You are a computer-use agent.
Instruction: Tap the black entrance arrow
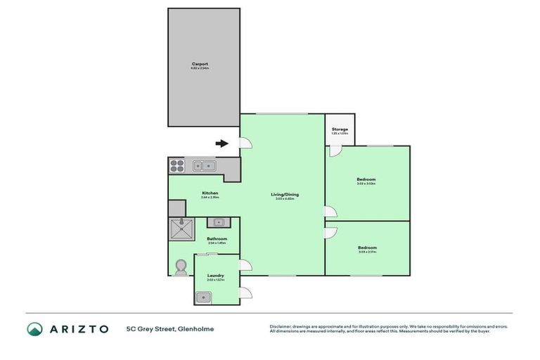[x=222, y=143]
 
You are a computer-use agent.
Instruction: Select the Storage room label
[x=340, y=129]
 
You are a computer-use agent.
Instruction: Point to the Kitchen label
[x=210, y=193]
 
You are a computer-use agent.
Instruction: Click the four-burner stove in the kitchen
[x=177, y=166]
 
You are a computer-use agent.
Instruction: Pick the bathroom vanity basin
[x=219, y=222]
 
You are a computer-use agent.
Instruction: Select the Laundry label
[x=215, y=276]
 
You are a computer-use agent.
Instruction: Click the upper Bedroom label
[x=366, y=180]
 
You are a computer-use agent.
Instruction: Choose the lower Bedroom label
[x=366, y=247]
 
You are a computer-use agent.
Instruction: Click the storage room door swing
[x=335, y=151]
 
